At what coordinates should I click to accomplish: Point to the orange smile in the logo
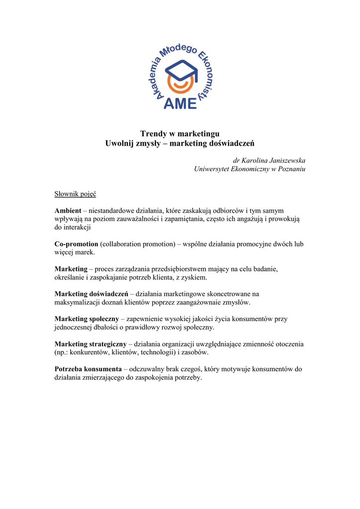click(x=180, y=85)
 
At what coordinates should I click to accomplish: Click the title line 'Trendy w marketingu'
click(x=180, y=133)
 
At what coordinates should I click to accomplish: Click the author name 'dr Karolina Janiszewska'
click(x=269, y=160)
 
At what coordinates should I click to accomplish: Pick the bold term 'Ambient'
click(x=68, y=210)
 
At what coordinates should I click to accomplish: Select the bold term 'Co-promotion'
click(x=76, y=244)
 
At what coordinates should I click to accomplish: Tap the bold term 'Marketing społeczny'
click(x=87, y=319)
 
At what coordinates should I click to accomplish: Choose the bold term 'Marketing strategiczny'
click(x=90, y=344)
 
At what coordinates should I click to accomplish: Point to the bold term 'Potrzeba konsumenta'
click(x=88, y=369)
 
